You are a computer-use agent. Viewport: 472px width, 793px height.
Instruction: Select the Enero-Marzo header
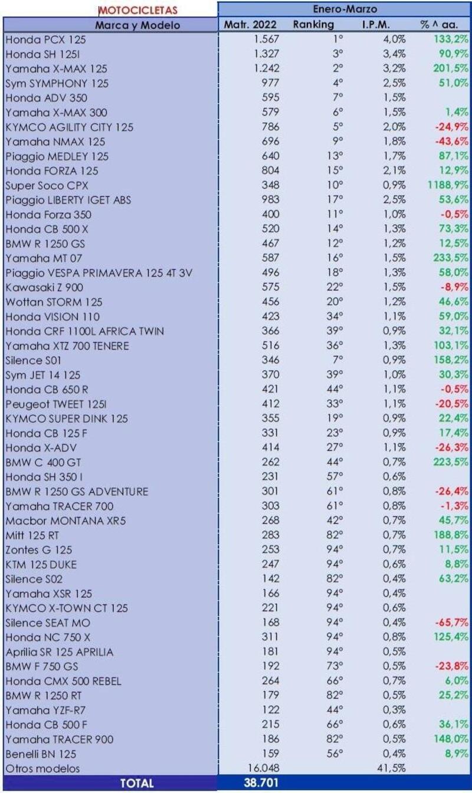point(345,9)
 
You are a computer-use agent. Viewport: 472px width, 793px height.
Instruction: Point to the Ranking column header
point(313,25)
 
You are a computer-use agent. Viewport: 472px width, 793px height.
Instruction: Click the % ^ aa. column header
point(440,25)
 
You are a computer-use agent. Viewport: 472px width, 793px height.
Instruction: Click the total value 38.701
point(260,783)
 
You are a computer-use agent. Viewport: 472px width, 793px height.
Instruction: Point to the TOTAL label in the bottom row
point(137,783)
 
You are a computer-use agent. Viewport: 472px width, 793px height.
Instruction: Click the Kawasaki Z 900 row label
point(44,287)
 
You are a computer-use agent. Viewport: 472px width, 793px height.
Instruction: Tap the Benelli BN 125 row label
point(41,753)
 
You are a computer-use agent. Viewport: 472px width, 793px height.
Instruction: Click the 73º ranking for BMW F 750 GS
point(336,666)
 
